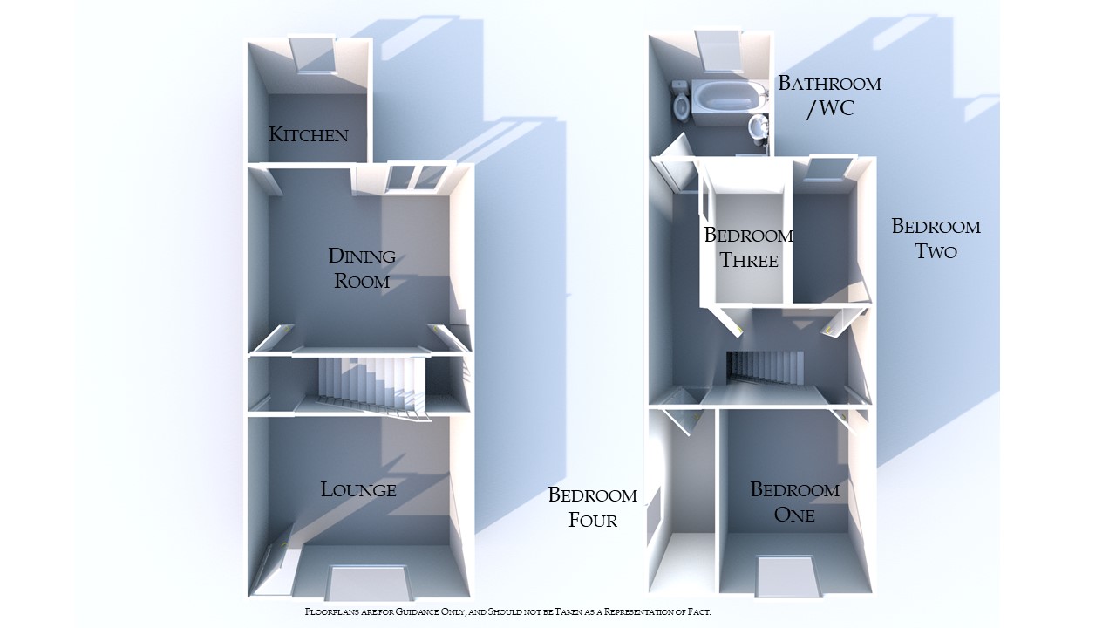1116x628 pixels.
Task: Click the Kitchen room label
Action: point(309,134)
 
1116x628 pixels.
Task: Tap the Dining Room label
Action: point(361,268)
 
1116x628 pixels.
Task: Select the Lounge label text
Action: point(358,489)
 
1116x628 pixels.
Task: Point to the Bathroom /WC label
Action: point(829,96)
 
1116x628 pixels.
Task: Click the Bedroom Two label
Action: point(936,238)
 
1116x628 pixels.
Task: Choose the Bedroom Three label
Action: point(749,247)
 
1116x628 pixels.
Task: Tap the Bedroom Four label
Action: point(593,507)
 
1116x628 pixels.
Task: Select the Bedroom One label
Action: point(794,502)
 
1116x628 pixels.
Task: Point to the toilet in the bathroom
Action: point(681,104)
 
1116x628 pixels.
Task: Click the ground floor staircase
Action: point(371,386)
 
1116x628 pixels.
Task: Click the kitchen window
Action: point(315,55)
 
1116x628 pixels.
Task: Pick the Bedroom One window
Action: point(787,576)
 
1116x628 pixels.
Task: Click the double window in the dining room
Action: point(415,176)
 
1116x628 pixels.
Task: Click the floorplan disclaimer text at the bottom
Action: point(507,612)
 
